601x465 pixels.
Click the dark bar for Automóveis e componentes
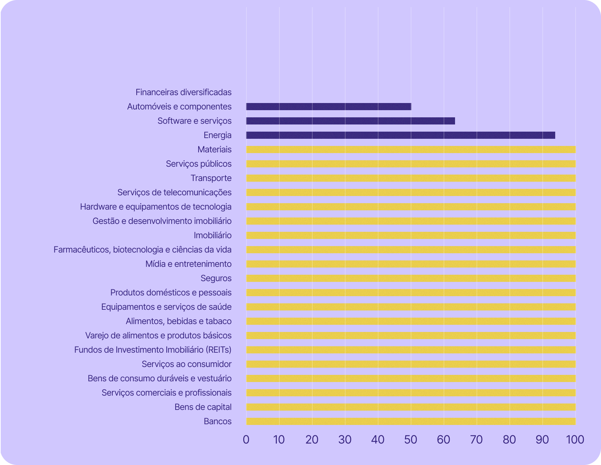pos(328,107)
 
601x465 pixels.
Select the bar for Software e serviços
pos(351,121)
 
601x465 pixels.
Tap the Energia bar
pos(401,135)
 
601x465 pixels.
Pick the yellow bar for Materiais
pos(411,150)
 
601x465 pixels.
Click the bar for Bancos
pos(411,421)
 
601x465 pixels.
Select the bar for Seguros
pos(411,278)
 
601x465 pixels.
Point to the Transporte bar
pos(411,178)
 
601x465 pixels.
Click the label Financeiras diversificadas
pos(184,92)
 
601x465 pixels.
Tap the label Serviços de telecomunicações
pos(175,192)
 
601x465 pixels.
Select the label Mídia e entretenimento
pos(189,264)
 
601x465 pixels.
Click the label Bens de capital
pos(203,407)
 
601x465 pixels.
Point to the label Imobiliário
pos(212,235)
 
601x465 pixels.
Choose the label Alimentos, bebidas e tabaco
pos(179,321)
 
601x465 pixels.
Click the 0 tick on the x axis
pos(246,440)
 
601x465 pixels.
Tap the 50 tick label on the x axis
pos(411,440)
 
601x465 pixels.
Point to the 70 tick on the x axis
pos(477,440)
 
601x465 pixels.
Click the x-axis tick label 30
pos(345,440)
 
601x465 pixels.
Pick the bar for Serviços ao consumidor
pos(411,364)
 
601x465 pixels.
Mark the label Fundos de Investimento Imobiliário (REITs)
pos(153,350)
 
